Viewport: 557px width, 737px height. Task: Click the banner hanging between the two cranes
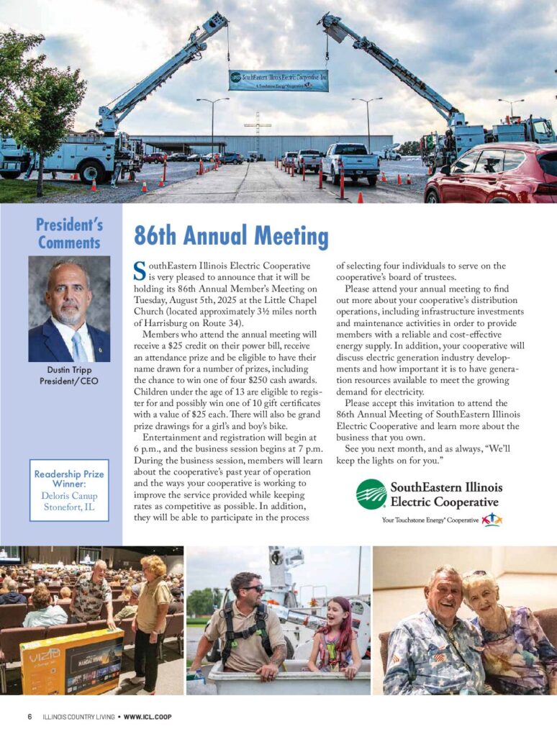[x=278, y=80]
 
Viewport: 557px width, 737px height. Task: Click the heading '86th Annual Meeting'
[x=231, y=236]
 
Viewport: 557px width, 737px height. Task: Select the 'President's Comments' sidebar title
[x=69, y=233]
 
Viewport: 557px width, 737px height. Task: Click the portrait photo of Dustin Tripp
[x=69, y=309]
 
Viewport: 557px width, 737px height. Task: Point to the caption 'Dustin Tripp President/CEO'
[x=69, y=376]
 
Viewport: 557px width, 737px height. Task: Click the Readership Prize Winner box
[x=69, y=489]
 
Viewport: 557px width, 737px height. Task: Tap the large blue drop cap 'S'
[x=140, y=271]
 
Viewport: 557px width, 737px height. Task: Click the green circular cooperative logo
[x=371, y=494]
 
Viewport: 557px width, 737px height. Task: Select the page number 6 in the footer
[x=30, y=717]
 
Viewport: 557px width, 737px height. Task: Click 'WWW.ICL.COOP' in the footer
[x=148, y=717]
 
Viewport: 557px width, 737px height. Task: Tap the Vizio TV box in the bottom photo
[x=72, y=661]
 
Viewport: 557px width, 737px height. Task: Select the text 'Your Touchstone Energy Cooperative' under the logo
[x=430, y=520]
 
